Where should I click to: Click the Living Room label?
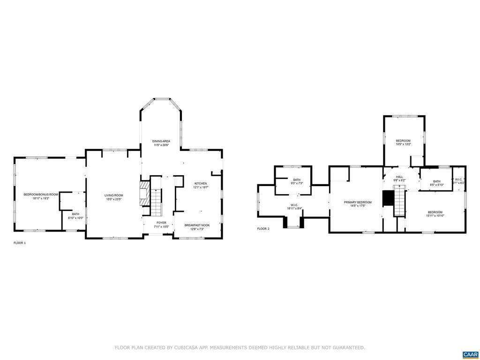click(x=113, y=195)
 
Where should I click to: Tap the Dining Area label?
click(x=161, y=141)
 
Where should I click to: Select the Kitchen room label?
click(x=201, y=183)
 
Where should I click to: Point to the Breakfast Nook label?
click(x=197, y=225)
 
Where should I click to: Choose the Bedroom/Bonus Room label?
click(x=41, y=194)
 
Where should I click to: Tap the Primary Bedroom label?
click(x=358, y=202)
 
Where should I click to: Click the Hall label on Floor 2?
click(x=399, y=177)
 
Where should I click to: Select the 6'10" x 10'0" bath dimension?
click(x=75, y=218)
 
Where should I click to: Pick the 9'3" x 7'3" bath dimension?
click(x=297, y=183)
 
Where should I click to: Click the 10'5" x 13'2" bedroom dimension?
click(x=403, y=144)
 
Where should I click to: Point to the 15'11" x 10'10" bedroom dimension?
click(x=435, y=216)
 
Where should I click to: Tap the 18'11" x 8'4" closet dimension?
click(x=294, y=210)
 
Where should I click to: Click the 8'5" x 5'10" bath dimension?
click(x=436, y=185)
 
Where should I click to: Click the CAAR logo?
click(x=469, y=354)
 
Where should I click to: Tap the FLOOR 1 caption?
click(x=19, y=243)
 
